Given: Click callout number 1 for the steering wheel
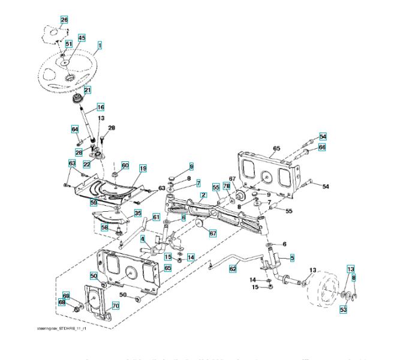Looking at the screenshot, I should (x=99, y=44).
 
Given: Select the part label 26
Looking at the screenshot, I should (x=64, y=20).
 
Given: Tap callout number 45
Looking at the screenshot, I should (x=82, y=37).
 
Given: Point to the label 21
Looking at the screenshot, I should (x=88, y=91).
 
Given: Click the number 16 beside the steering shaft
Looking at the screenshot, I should (x=100, y=107).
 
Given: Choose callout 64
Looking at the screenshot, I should (x=75, y=130).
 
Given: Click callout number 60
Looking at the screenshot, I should (x=125, y=165).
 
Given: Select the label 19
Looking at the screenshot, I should (x=143, y=169).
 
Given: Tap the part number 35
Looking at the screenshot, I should (x=137, y=213).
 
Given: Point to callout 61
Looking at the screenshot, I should (x=156, y=217).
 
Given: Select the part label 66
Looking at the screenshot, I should (x=322, y=148).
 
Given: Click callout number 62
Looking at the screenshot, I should (x=233, y=269).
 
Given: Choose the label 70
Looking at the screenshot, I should (x=116, y=305).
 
